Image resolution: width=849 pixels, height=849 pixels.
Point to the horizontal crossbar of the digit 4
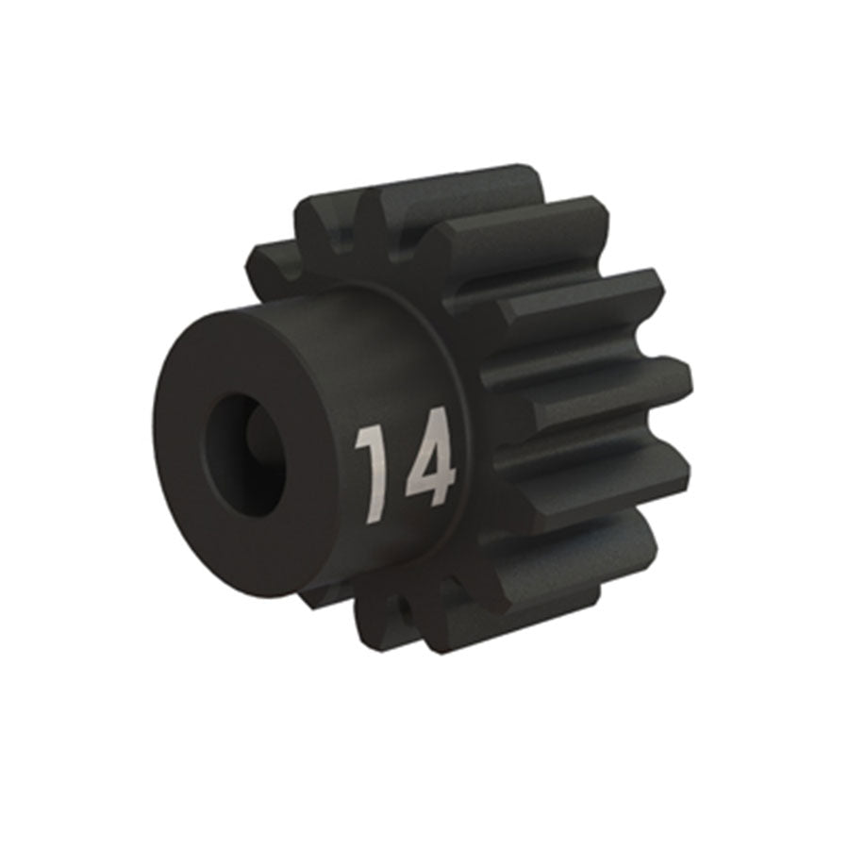click(428, 482)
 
